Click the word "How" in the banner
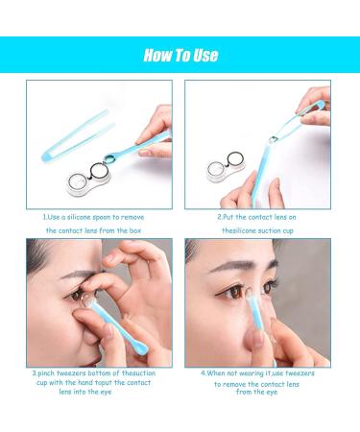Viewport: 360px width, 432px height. point(158,55)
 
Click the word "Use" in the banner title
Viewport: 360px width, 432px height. point(204,55)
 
